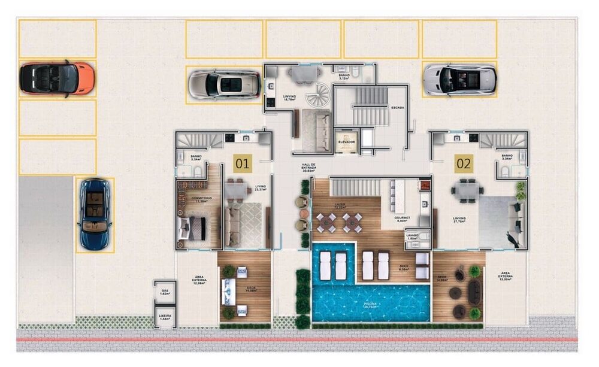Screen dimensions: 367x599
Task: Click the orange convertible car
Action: click(x=57, y=78)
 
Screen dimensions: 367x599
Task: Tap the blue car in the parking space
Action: click(x=95, y=214)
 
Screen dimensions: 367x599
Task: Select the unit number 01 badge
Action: click(x=242, y=162)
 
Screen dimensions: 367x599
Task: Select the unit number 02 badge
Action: click(x=464, y=162)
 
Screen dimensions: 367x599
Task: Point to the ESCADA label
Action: click(x=397, y=108)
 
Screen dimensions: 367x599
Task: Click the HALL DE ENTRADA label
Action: click(x=310, y=169)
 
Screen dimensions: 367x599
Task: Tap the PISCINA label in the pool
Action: click(x=370, y=304)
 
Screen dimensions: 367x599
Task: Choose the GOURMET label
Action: click(x=401, y=218)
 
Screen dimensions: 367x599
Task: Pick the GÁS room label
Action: click(x=165, y=292)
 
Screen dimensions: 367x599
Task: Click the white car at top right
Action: click(x=459, y=79)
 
